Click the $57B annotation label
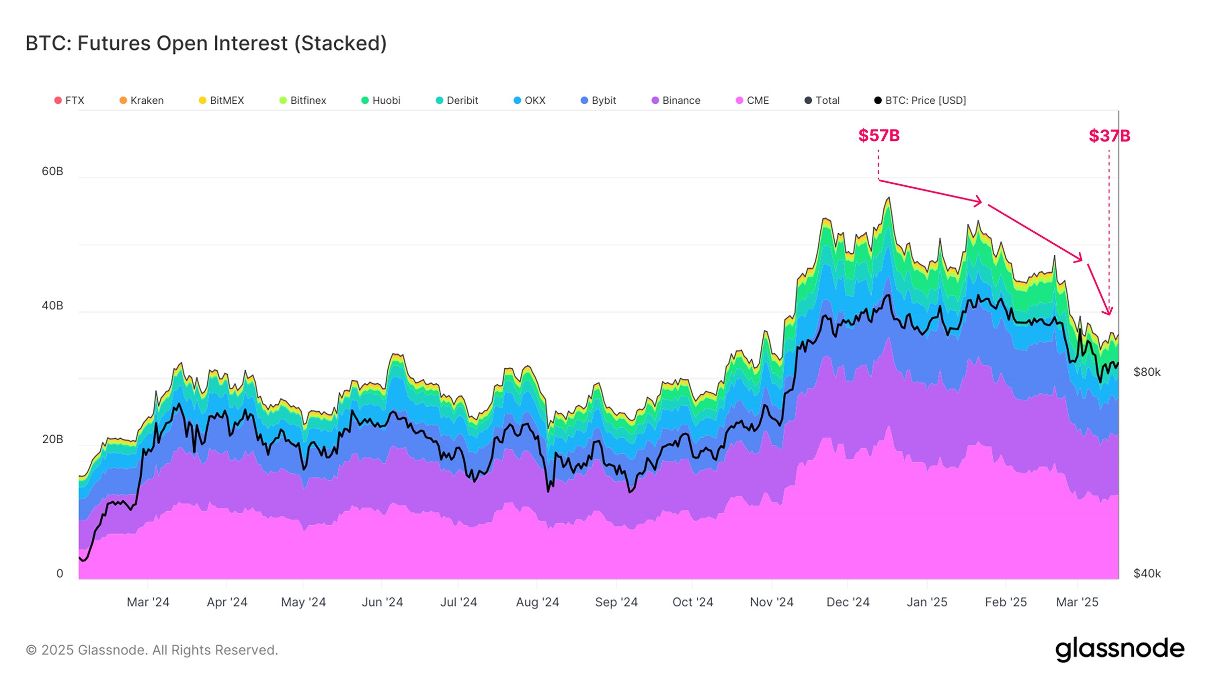coord(879,135)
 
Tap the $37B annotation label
coord(1109,135)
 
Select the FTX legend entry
coord(70,100)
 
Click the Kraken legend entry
coord(142,100)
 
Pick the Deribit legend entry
coord(457,100)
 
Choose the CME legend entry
coord(753,100)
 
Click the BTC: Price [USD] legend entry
coord(920,100)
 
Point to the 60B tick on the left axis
coord(52,171)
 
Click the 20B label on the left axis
coord(52,439)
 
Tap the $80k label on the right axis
coord(1147,372)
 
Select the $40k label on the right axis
coord(1147,573)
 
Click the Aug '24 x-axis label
coord(537,602)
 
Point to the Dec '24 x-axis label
coord(848,602)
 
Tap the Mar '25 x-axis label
coord(1077,602)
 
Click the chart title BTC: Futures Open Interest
coord(206,43)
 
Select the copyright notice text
coord(152,650)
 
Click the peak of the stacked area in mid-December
coord(889,198)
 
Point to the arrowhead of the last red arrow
coord(1109,313)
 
